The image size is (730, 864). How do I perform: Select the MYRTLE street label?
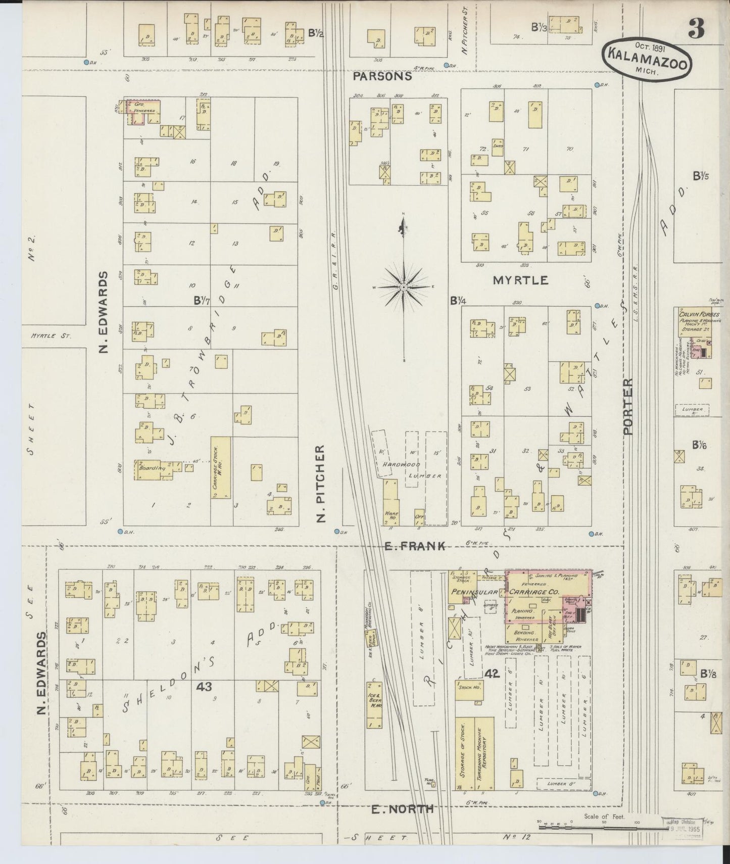click(520, 280)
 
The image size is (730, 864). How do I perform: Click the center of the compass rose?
click(403, 287)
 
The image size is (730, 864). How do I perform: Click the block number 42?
click(491, 674)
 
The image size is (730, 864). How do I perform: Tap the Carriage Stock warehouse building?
click(221, 468)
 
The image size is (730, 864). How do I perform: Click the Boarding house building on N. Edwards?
click(151, 468)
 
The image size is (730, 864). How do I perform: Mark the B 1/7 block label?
click(202, 300)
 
